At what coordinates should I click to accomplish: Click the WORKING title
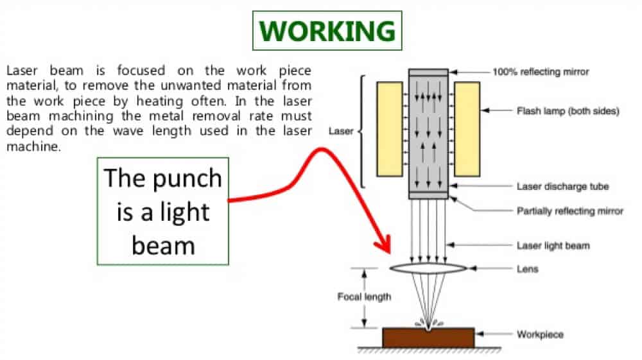pyautogui.click(x=327, y=31)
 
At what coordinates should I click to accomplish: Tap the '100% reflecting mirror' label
pyautogui.click(x=541, y=72)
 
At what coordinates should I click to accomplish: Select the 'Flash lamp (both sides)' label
pyautogui.click(x=568, y=111)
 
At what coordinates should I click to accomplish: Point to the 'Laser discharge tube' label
pyautogui.click(x=562, y=187)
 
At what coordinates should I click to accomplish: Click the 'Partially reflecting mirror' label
pyautogui.click(x=569, y=211)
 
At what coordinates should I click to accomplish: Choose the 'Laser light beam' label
pyautogui.click(x=553, y=245)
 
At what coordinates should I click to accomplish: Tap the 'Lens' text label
pyautogui.click(x=527, y=269)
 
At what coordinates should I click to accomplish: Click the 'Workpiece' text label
pyautogui.click(x=540, y=334)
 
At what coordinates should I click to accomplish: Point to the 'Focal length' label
pyautogui.click(x=364, y=296)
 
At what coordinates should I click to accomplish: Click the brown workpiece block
pyautogui.click(x=428, y=338)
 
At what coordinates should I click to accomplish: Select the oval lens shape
pyautogui.click(x=428, y=268)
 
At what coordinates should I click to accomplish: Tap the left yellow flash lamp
pyautogui.click(x=390, y=129)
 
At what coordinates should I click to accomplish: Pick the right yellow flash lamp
pyautogui.click(x=467, y=129)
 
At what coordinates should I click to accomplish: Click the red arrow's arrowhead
pyautogui.click(x=383, y=244)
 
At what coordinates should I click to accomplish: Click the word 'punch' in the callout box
pyautogui.click(x=187, y=180)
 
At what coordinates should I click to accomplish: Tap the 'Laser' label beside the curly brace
pyautogui.click(x=341, y=132)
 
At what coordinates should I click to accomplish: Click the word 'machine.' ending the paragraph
pyautogui.click(x=33, y=146)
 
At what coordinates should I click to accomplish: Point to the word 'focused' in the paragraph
pyautogui.click(x=141, y=71)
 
